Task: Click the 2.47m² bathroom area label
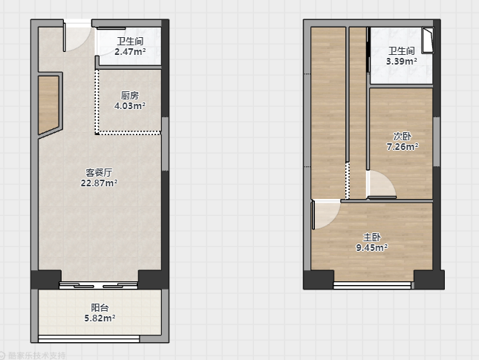point(130,52)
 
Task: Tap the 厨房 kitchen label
point(130,96)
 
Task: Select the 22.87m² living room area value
point(99,183)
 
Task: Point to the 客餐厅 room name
point(99,173)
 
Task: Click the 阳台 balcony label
point(100,308)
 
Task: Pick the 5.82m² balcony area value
point(100,318)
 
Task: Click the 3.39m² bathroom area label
point(402,62)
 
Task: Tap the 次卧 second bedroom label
point(402,136)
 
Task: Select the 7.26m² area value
point(402,147)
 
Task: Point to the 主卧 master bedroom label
point(372,237)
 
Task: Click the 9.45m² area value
point(372,247)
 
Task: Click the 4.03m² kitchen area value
point(130,106)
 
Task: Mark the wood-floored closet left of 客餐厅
point(48,105)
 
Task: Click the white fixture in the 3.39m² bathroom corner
point(428,40)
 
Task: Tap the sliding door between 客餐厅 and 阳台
point(98,286)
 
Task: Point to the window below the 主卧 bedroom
point(372,285)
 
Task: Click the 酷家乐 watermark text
point(37,356)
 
